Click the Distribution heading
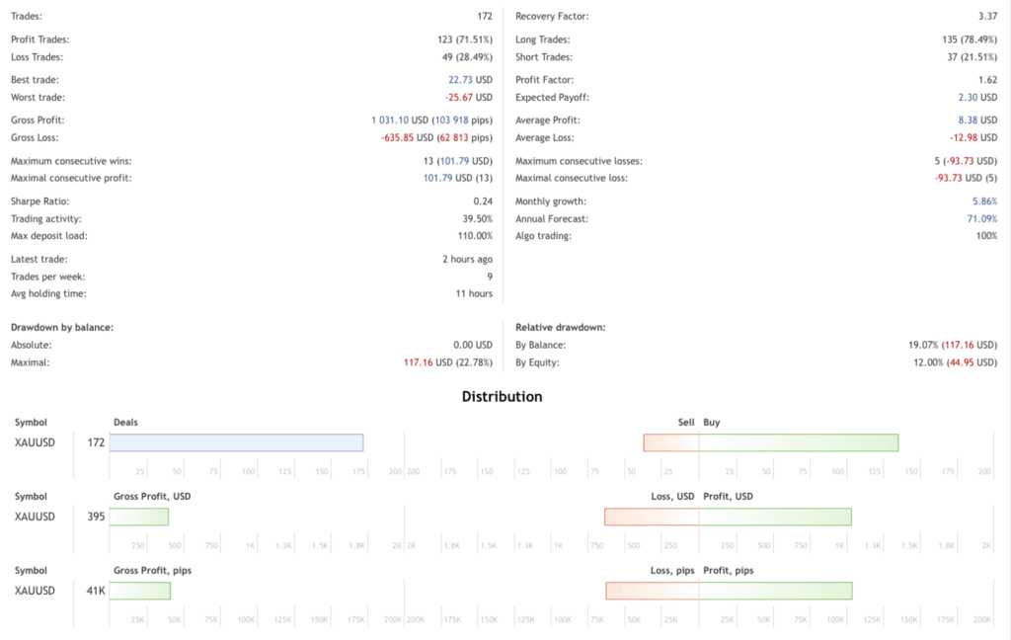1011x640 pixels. tap(502, 397)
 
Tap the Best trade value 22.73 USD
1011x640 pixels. tap(470, 80)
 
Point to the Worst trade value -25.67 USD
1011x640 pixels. tap(467, 98)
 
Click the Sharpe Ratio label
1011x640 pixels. tap(39, 200)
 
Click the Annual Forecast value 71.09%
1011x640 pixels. tap(981, 218)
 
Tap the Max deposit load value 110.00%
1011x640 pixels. tap(473, 236)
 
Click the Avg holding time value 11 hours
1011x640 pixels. tap(473, 294)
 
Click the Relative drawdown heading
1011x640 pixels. tap(560, 326)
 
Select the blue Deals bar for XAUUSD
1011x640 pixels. tap(236, 442)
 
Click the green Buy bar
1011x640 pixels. tap(799, 442)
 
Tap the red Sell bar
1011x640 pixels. tap(671, 442)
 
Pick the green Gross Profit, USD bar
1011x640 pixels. tap(138, 517)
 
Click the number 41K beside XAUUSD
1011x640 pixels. tap(95, 591)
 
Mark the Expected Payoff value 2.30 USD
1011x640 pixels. tap(977, 98)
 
